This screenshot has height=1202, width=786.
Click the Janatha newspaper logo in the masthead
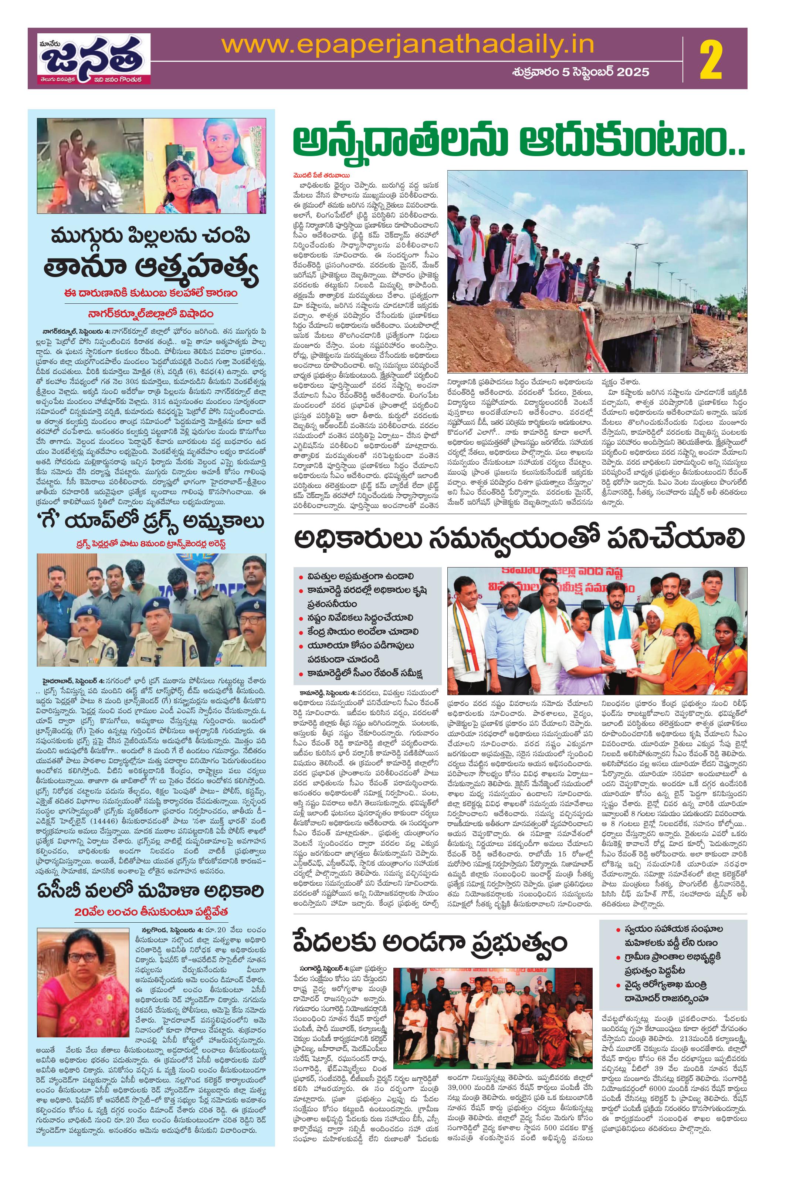[90, 60]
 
